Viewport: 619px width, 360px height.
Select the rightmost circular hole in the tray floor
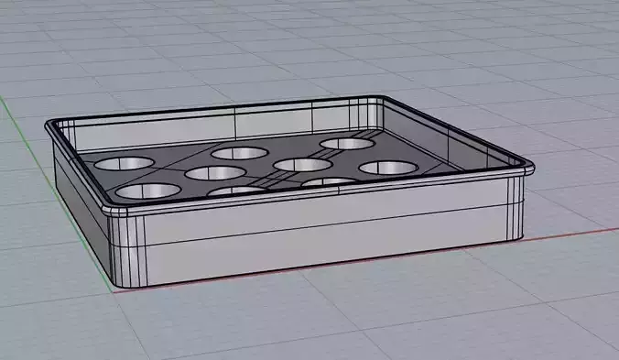tap(386, 169)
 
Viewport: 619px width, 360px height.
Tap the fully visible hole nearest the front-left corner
tap(148, 191)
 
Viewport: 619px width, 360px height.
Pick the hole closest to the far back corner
tap(347, 144)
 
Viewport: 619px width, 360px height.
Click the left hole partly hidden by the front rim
tap(236, 191)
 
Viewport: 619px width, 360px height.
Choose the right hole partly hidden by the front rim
tap(327, 181)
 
